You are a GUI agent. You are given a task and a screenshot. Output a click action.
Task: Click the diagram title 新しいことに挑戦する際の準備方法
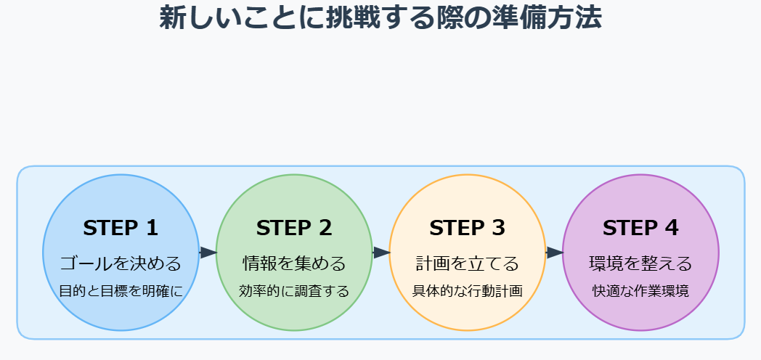[380, 17]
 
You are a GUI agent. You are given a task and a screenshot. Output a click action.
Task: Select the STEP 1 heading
[121, 228]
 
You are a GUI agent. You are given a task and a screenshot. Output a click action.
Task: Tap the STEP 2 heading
[294, 228]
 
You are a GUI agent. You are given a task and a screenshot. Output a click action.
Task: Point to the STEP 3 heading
[467, 228]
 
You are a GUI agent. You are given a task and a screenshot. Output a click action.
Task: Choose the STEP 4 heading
[640, 228]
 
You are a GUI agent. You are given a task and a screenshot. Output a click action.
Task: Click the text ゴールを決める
[121, 263]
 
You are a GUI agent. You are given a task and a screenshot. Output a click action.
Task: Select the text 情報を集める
[294, 263]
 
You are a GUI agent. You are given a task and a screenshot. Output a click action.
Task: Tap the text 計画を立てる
[467, 263]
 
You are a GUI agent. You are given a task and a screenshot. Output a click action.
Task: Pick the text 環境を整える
[640, 263]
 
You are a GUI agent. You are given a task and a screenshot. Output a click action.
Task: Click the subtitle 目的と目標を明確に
[121, 291]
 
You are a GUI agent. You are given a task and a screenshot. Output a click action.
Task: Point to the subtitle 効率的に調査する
[294, 291]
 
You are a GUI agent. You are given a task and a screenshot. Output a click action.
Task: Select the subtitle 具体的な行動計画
[467, 291]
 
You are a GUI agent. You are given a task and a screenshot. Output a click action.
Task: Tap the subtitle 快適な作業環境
[640, 291]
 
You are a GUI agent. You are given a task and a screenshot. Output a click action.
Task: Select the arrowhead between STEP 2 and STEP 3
[382, 253]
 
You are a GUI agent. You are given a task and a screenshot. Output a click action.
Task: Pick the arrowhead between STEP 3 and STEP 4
[555, 253]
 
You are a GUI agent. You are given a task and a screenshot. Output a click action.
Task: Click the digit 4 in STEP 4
[672, 228]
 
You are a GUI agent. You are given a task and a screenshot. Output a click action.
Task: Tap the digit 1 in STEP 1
[152, 228]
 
